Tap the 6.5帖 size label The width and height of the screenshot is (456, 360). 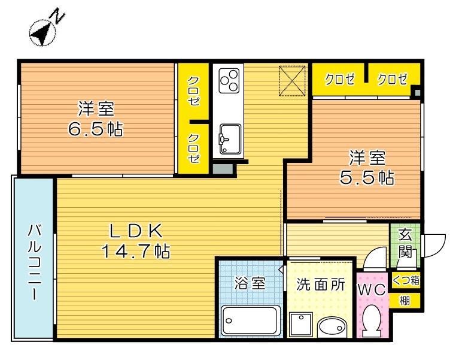(96, 129)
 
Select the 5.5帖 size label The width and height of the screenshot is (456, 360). (367, 177)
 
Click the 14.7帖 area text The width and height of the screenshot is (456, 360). (135, 252)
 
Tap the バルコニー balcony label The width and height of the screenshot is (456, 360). (34, 262)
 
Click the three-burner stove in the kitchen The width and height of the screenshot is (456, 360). (229, 81)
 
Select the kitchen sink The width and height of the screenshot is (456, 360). (230, 139)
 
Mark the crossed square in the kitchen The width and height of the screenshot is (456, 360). (292, 81)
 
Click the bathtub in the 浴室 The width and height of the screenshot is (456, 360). (249, 320)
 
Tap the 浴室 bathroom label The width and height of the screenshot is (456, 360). (250, 283)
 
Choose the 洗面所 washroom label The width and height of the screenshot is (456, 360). (321, 285)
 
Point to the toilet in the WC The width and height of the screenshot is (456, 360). (372, 321)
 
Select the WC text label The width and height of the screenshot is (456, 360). (372, 290)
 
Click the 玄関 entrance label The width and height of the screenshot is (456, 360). (405, 243)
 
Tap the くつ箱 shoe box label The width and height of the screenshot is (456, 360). (406, 280)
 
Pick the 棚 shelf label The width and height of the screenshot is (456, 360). (405, 300)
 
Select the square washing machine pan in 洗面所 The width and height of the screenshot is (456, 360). (301, 325)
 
